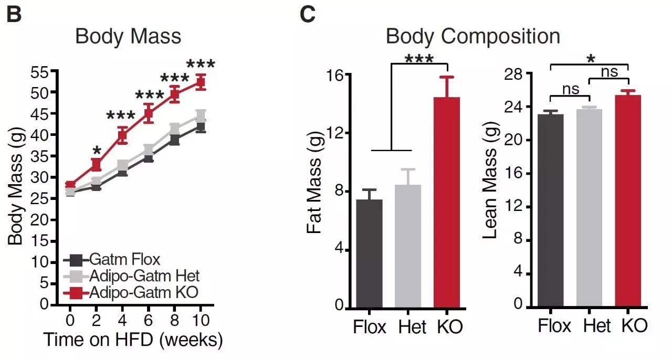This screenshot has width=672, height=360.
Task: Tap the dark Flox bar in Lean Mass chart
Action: (x=550, y=210)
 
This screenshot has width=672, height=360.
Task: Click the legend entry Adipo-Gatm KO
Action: (x=131, y=292)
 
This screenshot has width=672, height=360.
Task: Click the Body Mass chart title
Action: (x=128, y=37)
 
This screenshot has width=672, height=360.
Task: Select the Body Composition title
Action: (x=472, y=37)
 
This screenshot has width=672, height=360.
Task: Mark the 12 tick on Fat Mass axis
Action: (x=335, y=133)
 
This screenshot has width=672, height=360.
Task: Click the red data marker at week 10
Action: (x=201, y=82)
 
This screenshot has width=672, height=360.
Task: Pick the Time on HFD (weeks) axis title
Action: (x=133, y=340)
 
